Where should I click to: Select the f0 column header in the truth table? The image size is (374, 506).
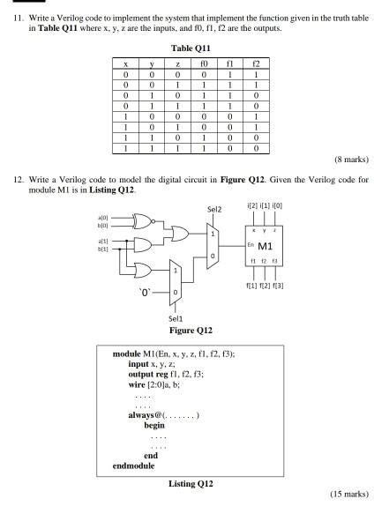tap(204, 64)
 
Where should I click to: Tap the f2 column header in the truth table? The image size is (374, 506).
tap(256, 64)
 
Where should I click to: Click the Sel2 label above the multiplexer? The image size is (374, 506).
tap(213, 210)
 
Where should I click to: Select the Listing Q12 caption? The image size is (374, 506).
tap(186, 482)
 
